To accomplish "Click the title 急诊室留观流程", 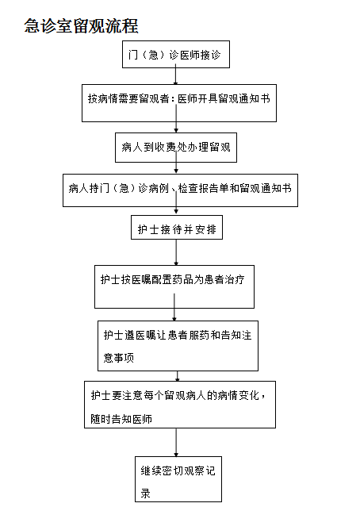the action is coord(82,26).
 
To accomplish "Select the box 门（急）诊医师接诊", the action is coord(176,54).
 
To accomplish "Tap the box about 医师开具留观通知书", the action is coord(179,103).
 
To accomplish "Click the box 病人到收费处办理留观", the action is coord(176,148).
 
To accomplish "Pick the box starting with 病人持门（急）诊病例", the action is coord(180,190).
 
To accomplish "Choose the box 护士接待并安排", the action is coord(177,227).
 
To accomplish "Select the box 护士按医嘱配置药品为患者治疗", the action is coord(174,286).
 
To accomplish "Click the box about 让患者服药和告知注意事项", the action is coord(178,346).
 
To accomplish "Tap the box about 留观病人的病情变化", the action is coord(180,405).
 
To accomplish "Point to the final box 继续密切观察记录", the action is coord(178,479).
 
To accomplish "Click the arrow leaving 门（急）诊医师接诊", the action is coord(176,75).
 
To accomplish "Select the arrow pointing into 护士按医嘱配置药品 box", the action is coord(176,252).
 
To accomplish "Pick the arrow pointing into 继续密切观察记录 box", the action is coord(176,443).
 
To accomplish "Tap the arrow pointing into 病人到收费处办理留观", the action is coord(176,119).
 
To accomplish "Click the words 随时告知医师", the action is coord(121,419).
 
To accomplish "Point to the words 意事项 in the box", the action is coord(119,358).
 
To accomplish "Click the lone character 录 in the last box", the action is coord(145,494).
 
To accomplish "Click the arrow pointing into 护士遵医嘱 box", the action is coord(174,307).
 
